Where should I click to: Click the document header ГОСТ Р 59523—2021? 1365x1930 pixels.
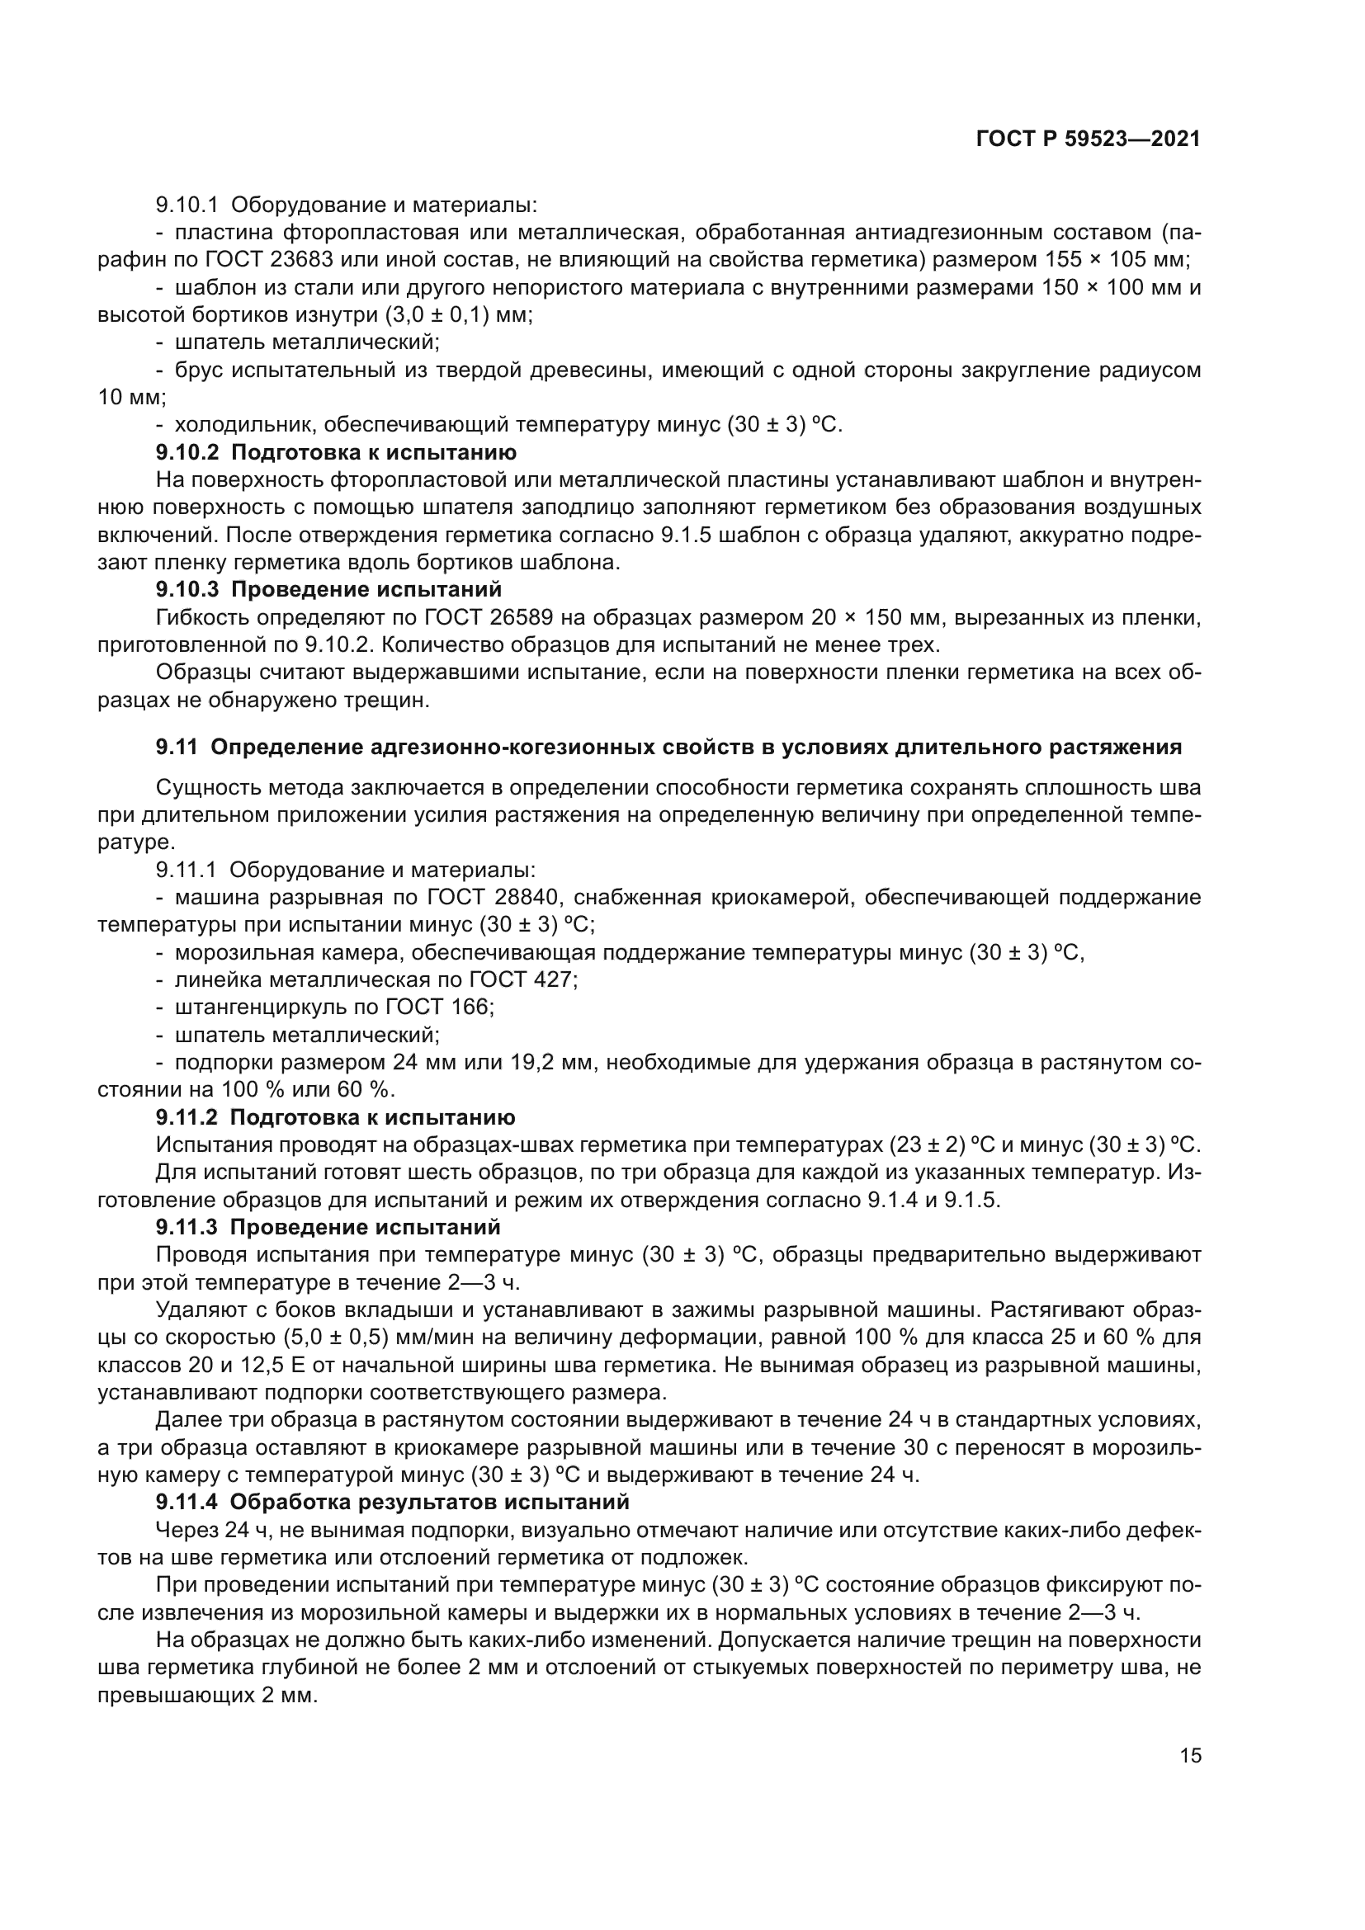[x=1088, y=139]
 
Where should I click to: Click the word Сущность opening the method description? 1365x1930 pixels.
[x=216, y=788]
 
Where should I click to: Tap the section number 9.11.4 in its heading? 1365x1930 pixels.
[x=187, y=1501]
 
